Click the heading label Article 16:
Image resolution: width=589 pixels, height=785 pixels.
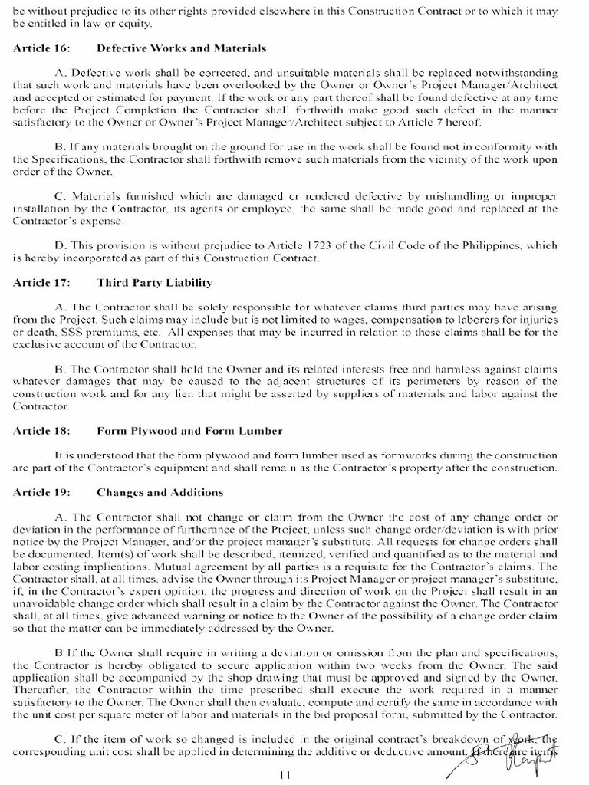click(41, 48)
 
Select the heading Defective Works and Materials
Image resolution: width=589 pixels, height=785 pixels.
click(181, 48)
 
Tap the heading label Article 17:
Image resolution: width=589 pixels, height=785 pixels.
click(41, 283)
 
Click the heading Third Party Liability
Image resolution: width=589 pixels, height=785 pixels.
click(154, 283)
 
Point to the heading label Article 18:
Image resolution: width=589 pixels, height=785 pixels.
click(41, 431)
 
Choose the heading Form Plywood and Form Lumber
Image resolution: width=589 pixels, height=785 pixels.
click(189, 431)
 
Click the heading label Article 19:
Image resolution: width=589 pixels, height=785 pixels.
click(41, 492)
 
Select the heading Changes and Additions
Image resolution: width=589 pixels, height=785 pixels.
click(160, 492)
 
